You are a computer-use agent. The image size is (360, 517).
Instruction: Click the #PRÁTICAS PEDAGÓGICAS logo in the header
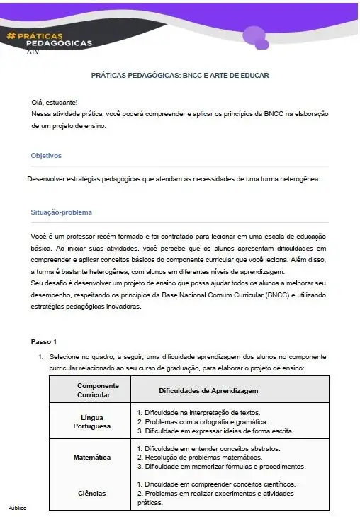coord(49,39)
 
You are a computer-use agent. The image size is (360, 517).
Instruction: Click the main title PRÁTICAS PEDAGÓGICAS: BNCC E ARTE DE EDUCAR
coord(180,75)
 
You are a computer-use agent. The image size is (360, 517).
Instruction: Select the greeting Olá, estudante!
coord(55,103)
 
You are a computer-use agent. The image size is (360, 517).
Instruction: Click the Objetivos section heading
coord(46,155)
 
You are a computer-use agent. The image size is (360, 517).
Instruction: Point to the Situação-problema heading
coord(61,212)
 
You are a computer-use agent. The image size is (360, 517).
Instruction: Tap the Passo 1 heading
coord(44,342)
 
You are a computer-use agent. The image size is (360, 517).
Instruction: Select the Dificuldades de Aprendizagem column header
coord(208,390)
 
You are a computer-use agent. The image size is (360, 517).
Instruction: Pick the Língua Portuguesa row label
coord(92,422)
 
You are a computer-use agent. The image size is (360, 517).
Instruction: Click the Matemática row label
coord(92,458)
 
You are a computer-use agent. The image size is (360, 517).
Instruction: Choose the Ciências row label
coord(92,493)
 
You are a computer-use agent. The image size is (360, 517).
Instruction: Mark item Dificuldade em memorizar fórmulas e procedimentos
coord(221,467)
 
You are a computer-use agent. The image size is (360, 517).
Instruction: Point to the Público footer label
coord(16,509)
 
